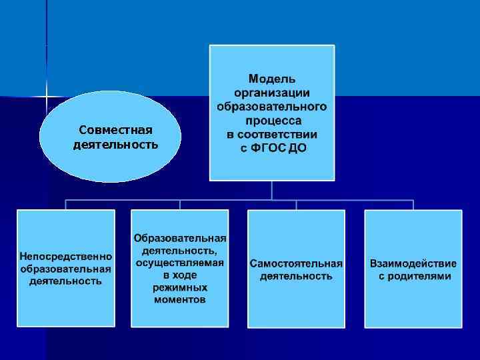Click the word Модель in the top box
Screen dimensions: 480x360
pos(272,79)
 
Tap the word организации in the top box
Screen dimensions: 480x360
pos(272,93)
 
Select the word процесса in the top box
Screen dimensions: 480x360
pos(273,121)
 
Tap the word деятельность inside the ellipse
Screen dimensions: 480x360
pos(116,143)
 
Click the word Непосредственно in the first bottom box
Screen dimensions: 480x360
pos(65,256)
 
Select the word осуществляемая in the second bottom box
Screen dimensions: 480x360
pos(179,263)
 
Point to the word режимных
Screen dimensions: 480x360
pos(179,287)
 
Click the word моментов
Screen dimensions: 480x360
pos(179,300)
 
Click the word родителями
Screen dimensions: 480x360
pos(419,275)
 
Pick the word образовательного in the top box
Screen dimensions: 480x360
pos(272,107)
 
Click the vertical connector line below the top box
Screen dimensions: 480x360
pos(272,190)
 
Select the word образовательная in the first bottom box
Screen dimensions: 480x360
pos(65,269)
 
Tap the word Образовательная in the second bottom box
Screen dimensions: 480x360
pos(179,238)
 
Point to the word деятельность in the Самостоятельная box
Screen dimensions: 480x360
pos(296,275)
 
